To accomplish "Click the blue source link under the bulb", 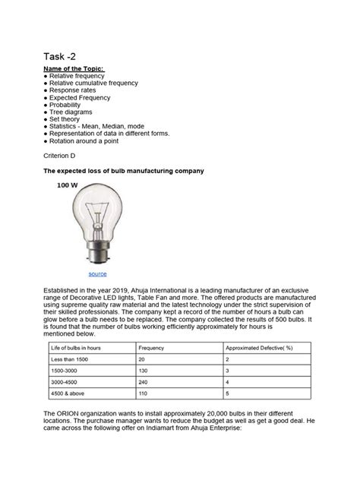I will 97,273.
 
